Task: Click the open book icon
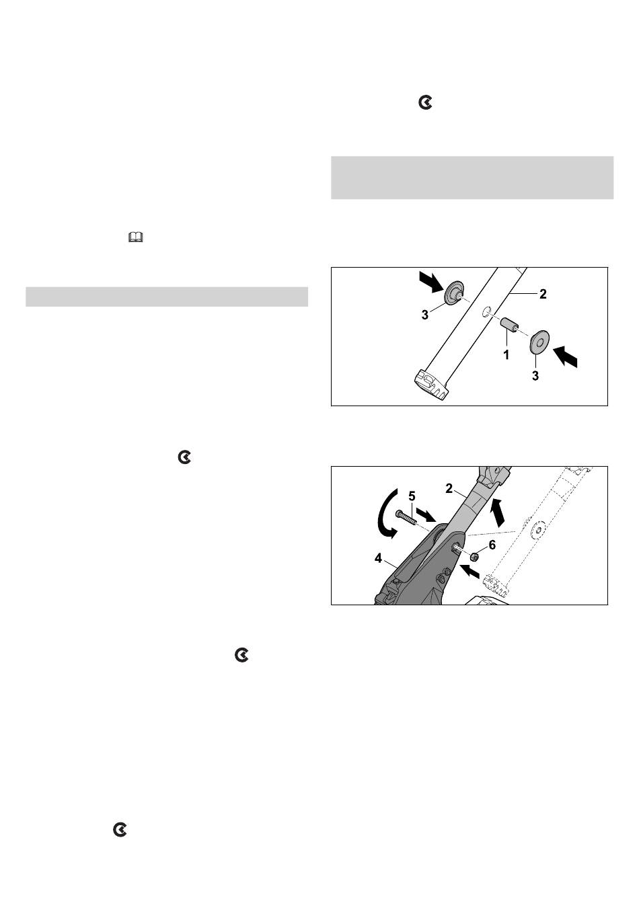click(x=135, y=237)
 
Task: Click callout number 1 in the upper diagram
click(x=506, y=355)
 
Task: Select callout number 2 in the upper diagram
click(x=543, y=294)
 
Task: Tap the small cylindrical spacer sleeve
click(x=509, y=325)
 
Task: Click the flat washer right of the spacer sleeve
click(x=539, y=342)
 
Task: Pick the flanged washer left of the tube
click(x=453, y=292)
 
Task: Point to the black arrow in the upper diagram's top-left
click(x=430, y=281)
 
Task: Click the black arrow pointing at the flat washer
click(x=565, y=356)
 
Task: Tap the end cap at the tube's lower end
click(x=432, y=384)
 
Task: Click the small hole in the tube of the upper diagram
click(x=486, y=310)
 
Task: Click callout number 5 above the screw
click(x=411, y=496)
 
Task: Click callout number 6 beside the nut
click(x=492, y=545)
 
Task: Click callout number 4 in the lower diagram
click(x=378, y=559)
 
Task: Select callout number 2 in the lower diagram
click(x=449, y=488)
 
